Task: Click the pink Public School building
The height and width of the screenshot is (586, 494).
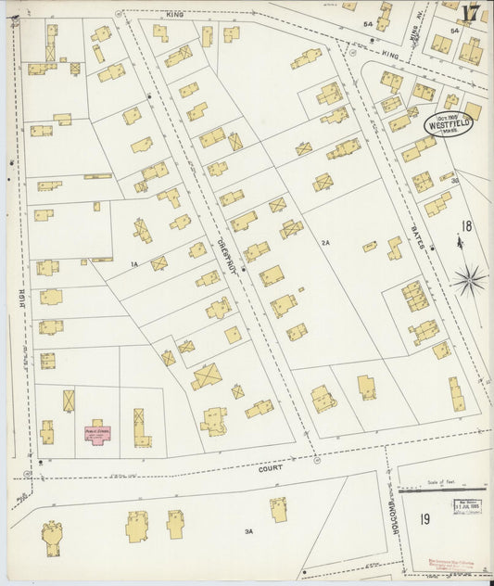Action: click(97, 432)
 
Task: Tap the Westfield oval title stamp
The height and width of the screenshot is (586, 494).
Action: click(449, 124)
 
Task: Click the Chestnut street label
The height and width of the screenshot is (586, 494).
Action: click(227, 252)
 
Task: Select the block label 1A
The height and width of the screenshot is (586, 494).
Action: click(134, 265)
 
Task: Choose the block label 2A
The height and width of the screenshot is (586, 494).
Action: click(324, 242)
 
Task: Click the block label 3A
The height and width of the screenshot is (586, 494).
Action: click(247, 531)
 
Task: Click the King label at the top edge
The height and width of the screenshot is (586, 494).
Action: click(175, 15)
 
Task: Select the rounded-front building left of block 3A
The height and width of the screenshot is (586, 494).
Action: click(53, 537)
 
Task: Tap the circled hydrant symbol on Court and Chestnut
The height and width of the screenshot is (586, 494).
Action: click(315, 457)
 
